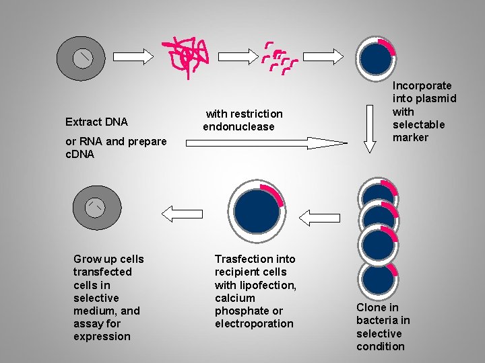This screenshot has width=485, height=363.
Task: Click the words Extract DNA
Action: pyautogui.click(x=96, y=122)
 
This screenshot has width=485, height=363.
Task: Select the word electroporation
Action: pyautogui.click(x=254, y=323)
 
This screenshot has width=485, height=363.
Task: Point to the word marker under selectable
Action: pyautogui.click(x=410, y=137)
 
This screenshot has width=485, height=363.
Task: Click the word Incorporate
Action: pyautogui.click(x=422, y=85)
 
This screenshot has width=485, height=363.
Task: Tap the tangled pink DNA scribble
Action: pyautogui.click(x=188, y=54)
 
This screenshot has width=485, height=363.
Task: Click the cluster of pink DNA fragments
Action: pyautogui.click(x=279, y=56)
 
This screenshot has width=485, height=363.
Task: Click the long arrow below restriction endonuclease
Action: pyautogui.click(x=266, y=142)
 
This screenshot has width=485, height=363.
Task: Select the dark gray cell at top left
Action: pyautogui.click(x=82, y=58)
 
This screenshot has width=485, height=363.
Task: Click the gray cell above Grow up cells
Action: pyautogui.click(x=96, y=207)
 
